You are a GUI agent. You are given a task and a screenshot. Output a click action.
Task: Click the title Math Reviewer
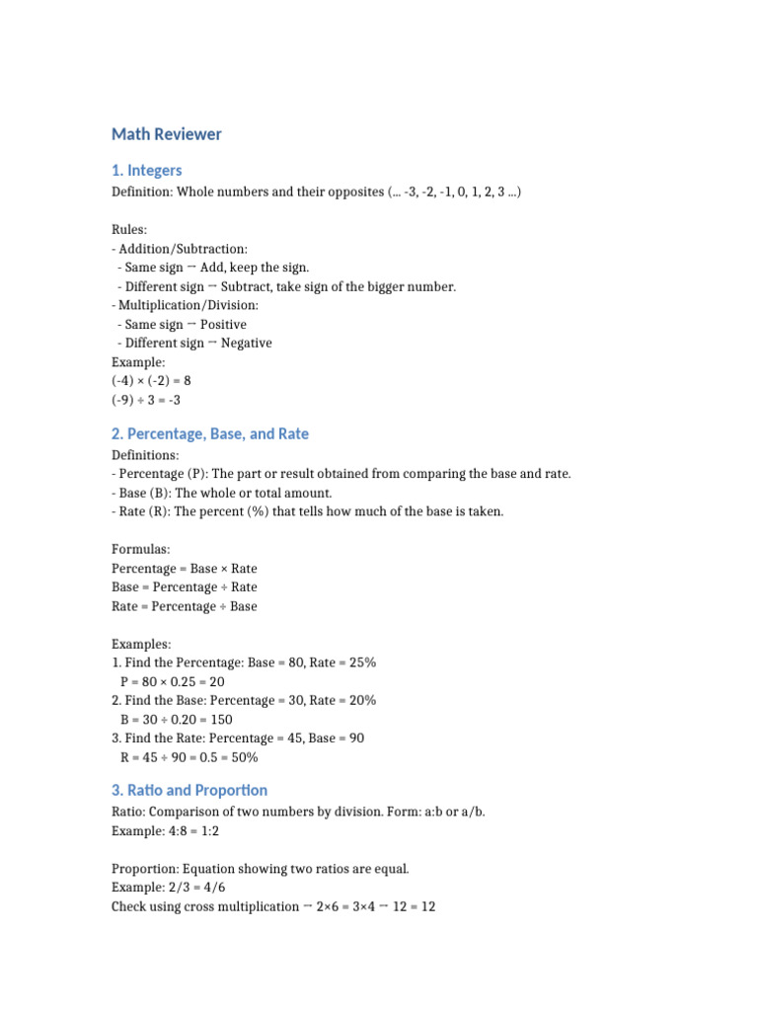click(x=167, y=134)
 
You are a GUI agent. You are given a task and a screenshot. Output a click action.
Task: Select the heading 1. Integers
click(x=147, y=171)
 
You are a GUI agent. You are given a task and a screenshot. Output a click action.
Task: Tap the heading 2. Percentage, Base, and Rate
click(x=210, y=433)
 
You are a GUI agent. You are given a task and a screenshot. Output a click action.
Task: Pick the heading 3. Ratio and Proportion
click(x=189, y=790)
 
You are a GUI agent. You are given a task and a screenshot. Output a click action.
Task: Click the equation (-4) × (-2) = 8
click(x=151, y=380)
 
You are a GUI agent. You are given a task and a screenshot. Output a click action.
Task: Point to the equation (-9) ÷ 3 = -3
click(x=146, y=400)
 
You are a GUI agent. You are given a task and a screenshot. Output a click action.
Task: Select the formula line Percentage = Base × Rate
click(x=185, y=569)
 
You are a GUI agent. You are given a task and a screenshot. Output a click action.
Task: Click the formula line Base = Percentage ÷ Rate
click(x=185, y=587)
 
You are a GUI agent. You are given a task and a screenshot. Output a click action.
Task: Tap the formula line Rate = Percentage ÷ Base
click(x=185, y=606)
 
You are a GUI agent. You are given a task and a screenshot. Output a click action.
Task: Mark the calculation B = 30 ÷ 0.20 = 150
click(x=177, y=720)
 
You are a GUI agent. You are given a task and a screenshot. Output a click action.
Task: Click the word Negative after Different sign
click(x=247, y=343)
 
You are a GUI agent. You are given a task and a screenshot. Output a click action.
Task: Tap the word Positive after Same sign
click(x=223, y=324)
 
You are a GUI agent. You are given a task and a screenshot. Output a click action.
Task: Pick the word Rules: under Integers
click(x=129, y=230)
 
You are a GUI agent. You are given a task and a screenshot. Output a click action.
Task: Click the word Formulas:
click(x=141, y=550)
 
